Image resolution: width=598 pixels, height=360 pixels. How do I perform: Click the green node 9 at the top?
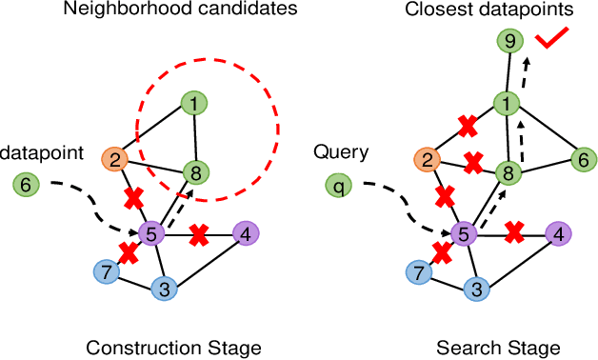[511, 41]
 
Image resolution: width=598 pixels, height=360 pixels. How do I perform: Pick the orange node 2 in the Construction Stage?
[116, 159]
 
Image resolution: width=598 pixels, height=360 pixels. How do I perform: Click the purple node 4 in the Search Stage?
[558, 232]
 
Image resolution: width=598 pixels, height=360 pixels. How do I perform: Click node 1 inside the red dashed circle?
[194, 103]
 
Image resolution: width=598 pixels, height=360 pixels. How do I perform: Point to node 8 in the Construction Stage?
[196, 173]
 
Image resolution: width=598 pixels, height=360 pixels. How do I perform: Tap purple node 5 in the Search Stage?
[464, 232]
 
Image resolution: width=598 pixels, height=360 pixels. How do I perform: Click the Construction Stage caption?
[173, 346]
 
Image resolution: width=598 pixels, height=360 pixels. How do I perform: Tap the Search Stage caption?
[498, 346]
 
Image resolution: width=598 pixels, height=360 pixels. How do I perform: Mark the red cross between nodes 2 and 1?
[467, 125]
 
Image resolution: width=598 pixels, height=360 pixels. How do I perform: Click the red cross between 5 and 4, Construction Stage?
[199, 232]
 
